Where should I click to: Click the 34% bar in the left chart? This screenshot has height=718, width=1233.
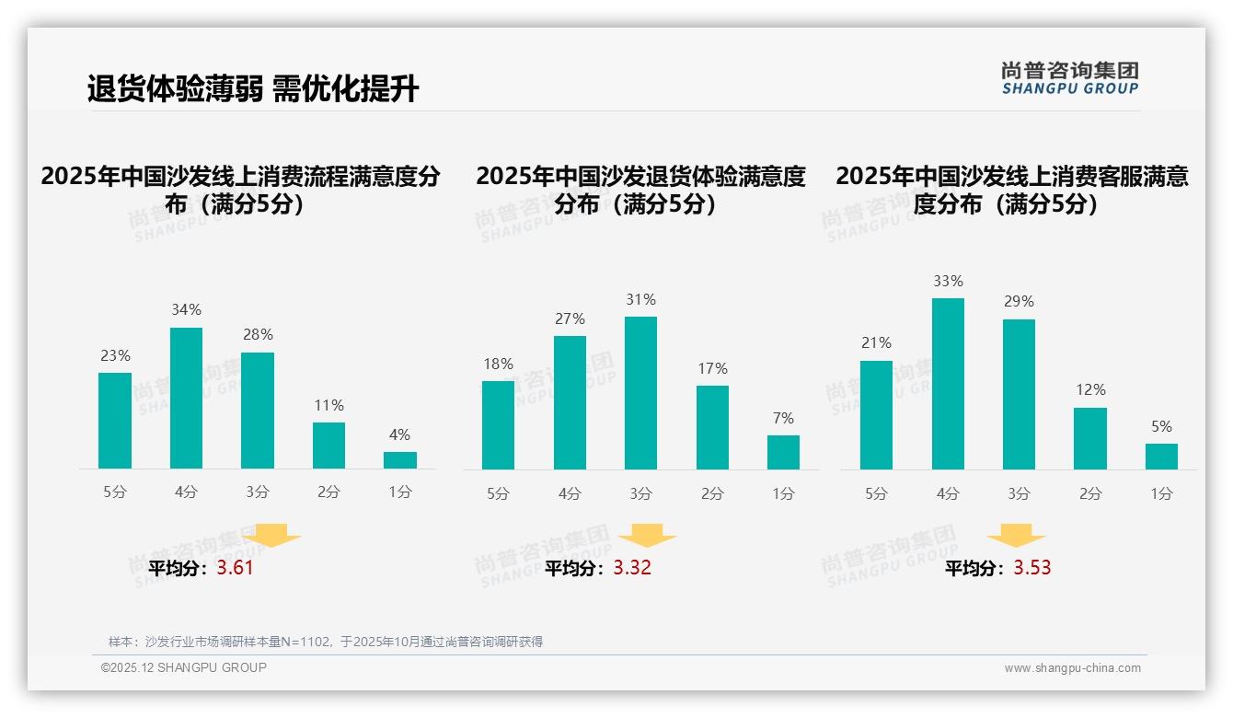(186, 398)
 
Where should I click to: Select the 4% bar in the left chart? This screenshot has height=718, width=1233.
(400, 459)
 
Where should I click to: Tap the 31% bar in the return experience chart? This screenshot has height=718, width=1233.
(640, 393)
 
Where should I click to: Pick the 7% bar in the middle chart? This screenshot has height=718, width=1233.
(783, 452)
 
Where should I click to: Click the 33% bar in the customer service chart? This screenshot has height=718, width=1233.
(948, 384)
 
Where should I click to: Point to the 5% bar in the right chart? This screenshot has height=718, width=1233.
(1161, 457)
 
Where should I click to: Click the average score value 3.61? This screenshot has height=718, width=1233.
(235, 568)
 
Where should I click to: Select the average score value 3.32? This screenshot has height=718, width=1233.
(632, 568)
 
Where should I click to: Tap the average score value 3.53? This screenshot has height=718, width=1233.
(1032, 568)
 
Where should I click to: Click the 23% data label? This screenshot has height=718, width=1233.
(115, 355)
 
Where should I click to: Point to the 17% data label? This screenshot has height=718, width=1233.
(712, 368)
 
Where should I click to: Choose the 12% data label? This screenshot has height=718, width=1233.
(1090, 390)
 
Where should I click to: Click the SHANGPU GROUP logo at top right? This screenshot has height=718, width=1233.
(1069, 78)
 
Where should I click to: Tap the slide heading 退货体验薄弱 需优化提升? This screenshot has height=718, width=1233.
(253, 88)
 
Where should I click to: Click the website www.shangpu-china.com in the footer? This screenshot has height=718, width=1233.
(1072, 668)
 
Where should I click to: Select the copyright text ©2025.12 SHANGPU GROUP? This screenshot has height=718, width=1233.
(184, 667)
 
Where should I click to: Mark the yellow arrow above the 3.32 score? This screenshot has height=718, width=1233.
(647, 535)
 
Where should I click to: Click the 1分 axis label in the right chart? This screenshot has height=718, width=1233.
(1161, 494)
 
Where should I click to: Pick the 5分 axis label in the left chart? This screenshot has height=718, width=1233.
(115, 492)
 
